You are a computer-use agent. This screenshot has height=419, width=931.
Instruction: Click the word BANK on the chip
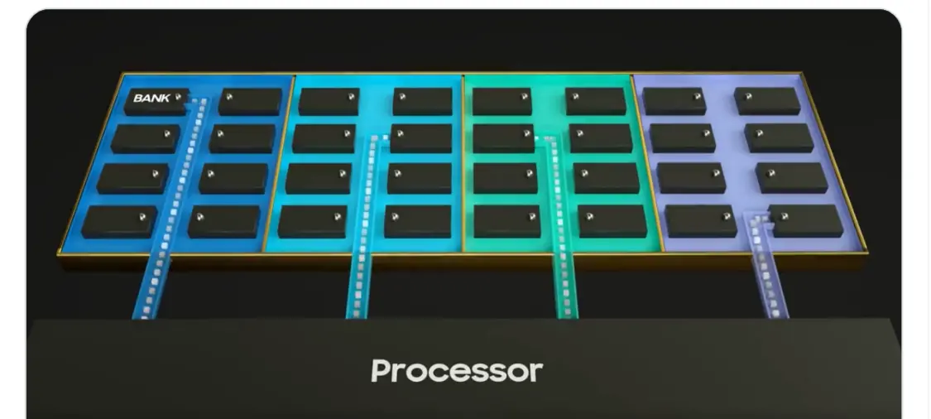[x=151, y=98]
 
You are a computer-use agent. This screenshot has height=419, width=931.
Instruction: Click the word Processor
[x=457, y=370]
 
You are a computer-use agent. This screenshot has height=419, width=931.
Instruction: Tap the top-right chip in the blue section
[x=250, y=102]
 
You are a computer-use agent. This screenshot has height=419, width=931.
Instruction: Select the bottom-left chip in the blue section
[x=119, y=222]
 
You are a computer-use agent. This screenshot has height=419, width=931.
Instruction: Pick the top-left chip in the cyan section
[x=329, y=101]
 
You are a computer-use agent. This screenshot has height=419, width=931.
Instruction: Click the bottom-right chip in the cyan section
[x=417, y=221]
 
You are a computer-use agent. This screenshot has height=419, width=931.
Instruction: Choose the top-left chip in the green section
[x=501, y=101]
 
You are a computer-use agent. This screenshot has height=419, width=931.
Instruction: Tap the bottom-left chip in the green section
[x=507, y=221]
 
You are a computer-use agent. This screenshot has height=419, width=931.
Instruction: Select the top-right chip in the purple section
[x=767, y=101]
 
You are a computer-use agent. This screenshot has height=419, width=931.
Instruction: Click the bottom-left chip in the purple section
[x=701, y=221]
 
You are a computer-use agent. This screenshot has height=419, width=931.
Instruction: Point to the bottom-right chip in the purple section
[x=806, y=221]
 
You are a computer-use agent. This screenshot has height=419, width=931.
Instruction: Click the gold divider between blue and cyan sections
[x=278, y=163]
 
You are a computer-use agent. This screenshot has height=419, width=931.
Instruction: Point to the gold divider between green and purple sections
[x=647, y=163]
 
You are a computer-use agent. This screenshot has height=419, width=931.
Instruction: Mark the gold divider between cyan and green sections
[x=463, y=163]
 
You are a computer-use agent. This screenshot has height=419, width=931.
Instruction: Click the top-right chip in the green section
[x=596, y=101]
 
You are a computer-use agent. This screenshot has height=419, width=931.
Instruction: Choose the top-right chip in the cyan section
[x=422, y=101]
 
